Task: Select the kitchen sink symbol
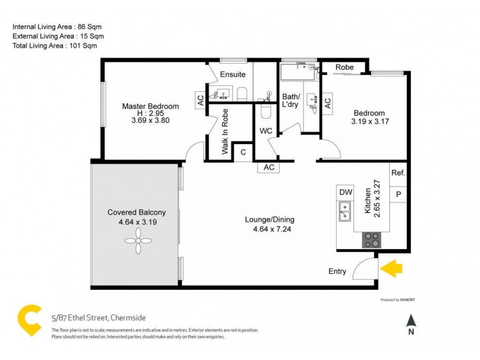pos(345,212)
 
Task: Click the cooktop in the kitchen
pos(371,240)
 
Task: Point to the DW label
pos(345,192)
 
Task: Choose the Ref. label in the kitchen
pos(398,173)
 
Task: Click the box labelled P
pos(398,194)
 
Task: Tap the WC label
pos(266,130)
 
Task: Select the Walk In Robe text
pos(226,133)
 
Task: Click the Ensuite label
pos(232,75)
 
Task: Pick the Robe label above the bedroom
pos(344,67)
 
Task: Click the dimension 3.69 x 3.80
pos(150,120)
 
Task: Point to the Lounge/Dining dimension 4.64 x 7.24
pos(269,228)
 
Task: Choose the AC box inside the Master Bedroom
pos(200,101)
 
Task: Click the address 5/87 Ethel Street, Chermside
pos(98,317)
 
